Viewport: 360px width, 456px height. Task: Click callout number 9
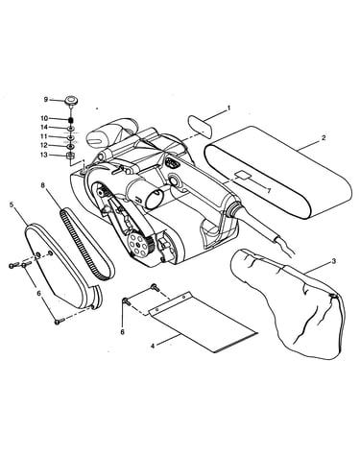pyautogui.click(x=46, y=100)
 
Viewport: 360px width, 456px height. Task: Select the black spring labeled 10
pyautogui.click(x=71, y=120)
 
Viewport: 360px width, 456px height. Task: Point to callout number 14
pyautogui.click(x=44, y=128)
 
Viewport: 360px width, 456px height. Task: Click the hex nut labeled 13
pyautogui.click(x=71, y=156)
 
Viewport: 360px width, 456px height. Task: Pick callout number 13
pyautogui.click(x=44, y=155)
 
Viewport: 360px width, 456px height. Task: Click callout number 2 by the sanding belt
pyautogui.click(x=324, y=138)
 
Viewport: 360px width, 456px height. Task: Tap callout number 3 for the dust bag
pyautogui.click(x=333, y=261)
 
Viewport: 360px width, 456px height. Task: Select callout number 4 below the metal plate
pyautogui.click(x=153, y=346)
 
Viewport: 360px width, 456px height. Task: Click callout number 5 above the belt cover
pyautogui.click(x=12, y=204)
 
